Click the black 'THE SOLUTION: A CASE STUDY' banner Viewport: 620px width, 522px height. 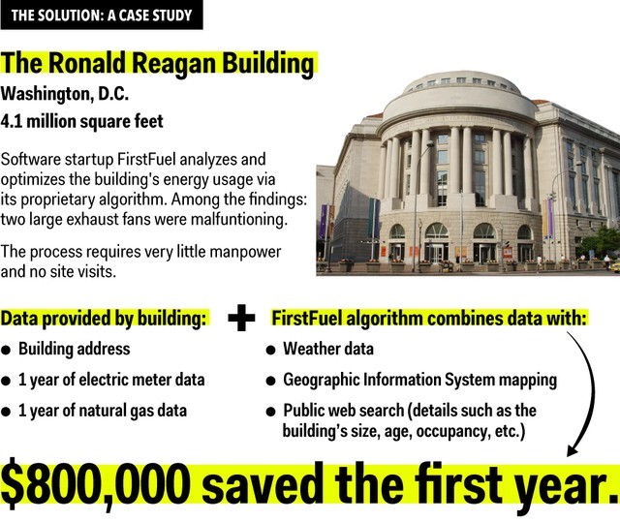[102, 15]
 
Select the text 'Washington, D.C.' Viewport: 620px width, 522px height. [65, 95]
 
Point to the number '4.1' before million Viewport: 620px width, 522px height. [12, 121]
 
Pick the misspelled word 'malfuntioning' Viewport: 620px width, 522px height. [239, 219]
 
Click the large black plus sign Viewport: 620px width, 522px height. [241, 318]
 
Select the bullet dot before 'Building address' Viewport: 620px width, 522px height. [6, 351]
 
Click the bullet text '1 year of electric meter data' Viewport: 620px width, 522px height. [111, 380]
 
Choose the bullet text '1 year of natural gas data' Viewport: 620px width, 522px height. [103, 411]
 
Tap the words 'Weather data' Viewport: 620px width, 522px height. [328, 349]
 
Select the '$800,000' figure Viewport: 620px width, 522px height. [96, 485]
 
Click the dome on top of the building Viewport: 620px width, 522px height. [460, 94]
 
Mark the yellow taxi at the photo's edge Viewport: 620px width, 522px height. [614, 266]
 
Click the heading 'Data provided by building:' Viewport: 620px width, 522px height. [104, 319]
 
